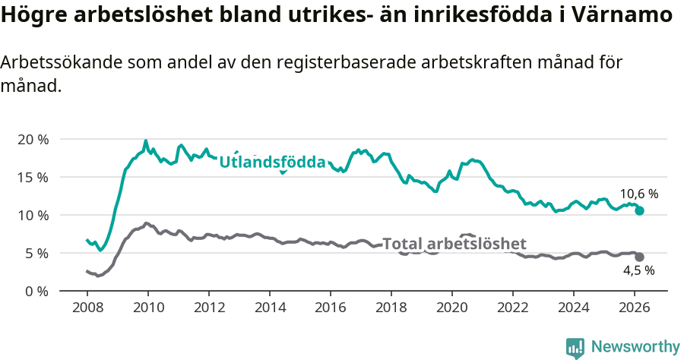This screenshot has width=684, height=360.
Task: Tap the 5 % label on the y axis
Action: pyautogui.click(x=36, y=253)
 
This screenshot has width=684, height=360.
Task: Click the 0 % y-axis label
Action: pyautogui.click(x=36, y=291)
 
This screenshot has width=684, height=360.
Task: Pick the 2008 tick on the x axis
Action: pyautogui.click(x=87, y=307)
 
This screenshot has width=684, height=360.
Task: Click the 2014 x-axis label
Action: pyautogui.click(x=269, y=307)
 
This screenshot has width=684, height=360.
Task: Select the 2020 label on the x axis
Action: pyautogui.click(x=452, y=307)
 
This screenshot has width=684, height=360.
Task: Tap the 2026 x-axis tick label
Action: pyautogui.click(x=635, y=307)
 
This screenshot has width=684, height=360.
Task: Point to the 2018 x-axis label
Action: pyautogui.click(x=391, y=307)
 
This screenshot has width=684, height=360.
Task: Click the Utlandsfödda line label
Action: pyautogui.click(x=272, y=162)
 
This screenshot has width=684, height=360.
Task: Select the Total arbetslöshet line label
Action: pyautogui.click(x=454, y=244)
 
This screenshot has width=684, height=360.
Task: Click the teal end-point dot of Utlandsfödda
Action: pyautogui.click(x=640, y=210)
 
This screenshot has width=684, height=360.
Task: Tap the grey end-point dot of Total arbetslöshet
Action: pyautogui.click(x=640, y=257)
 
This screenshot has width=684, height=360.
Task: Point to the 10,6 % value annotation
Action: pyautogui.click(x=638, y=194)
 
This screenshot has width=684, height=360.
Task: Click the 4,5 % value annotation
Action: pyautogui.click(x=638, y=270)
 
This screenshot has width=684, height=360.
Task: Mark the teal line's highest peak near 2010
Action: pyautogui.click(x=146, y=141)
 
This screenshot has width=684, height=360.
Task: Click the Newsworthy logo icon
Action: pyautogui.click(x=575, y=348)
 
